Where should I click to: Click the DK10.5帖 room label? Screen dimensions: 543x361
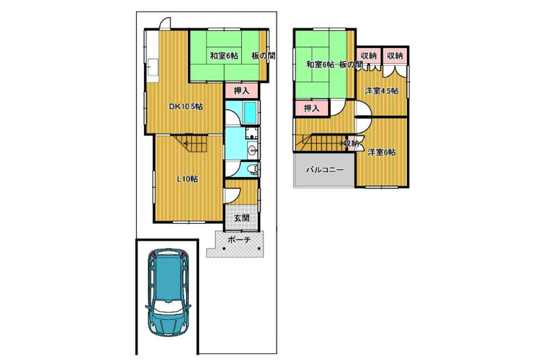pos(186,107)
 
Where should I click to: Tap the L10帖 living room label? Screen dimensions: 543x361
pos(187,179)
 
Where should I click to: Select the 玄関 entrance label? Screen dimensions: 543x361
pos(241,218)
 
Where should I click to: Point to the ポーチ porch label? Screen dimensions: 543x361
pos(239,240)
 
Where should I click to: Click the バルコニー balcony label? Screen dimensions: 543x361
pos(325,169)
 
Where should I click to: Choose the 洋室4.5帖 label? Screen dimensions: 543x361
pos(381,91)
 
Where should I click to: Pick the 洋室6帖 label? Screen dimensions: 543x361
pos(381,152)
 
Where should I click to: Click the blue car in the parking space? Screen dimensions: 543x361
pos(168,292)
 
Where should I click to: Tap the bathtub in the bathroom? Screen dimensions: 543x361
pos(250,113)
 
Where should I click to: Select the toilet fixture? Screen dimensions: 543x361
pos(253,169)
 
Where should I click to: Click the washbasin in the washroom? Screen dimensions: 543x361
pos(253,151)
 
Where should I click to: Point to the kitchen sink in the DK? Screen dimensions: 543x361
pos(153,67)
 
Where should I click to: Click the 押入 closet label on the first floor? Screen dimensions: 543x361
pos(241,91)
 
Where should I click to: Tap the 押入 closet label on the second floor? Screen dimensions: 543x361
pos(311,108)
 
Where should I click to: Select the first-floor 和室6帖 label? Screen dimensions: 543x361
pos(224,56)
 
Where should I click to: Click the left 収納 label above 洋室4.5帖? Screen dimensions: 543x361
pos(369,56)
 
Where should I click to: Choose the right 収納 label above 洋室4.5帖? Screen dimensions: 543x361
pos(395,56)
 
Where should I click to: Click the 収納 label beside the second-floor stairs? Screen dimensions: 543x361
pos(352,144)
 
